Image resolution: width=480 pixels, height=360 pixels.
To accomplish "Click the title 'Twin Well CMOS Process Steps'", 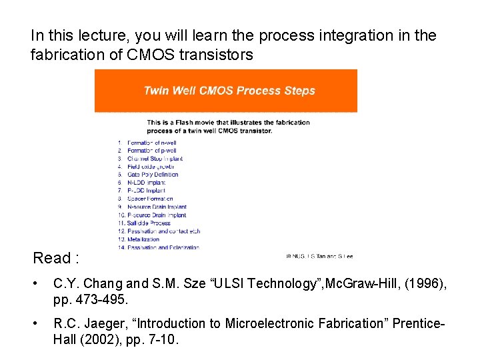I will pos(229,91).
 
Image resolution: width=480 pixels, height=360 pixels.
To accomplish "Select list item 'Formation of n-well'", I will pos(151,143).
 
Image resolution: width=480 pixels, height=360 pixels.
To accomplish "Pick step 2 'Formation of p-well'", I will pos(151,151).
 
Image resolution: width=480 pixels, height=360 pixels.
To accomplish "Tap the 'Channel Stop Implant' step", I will pos(155,159).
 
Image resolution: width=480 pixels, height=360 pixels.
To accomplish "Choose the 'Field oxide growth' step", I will pos(152,167).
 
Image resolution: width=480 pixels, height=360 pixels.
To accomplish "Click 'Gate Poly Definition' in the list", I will pos(153,175).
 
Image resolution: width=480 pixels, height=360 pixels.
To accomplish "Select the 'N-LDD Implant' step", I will pos(146,183).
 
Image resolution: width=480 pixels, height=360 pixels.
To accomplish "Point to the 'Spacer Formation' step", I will pos(150,199).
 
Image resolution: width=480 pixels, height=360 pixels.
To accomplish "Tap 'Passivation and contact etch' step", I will pos(163,231).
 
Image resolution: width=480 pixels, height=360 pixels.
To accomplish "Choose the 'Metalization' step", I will pos(143,239).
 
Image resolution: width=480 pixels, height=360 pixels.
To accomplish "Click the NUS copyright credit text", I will pos(319,255).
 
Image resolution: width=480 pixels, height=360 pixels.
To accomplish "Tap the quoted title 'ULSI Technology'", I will pos(282,284).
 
